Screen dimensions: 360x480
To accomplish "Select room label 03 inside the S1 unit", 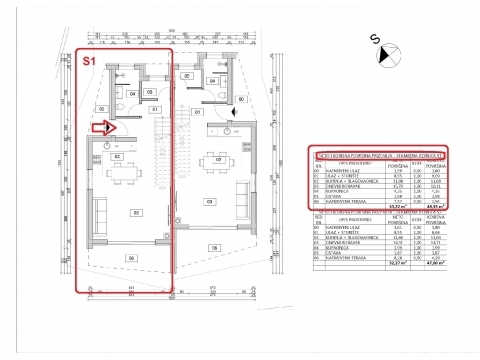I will tap(136, 212).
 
